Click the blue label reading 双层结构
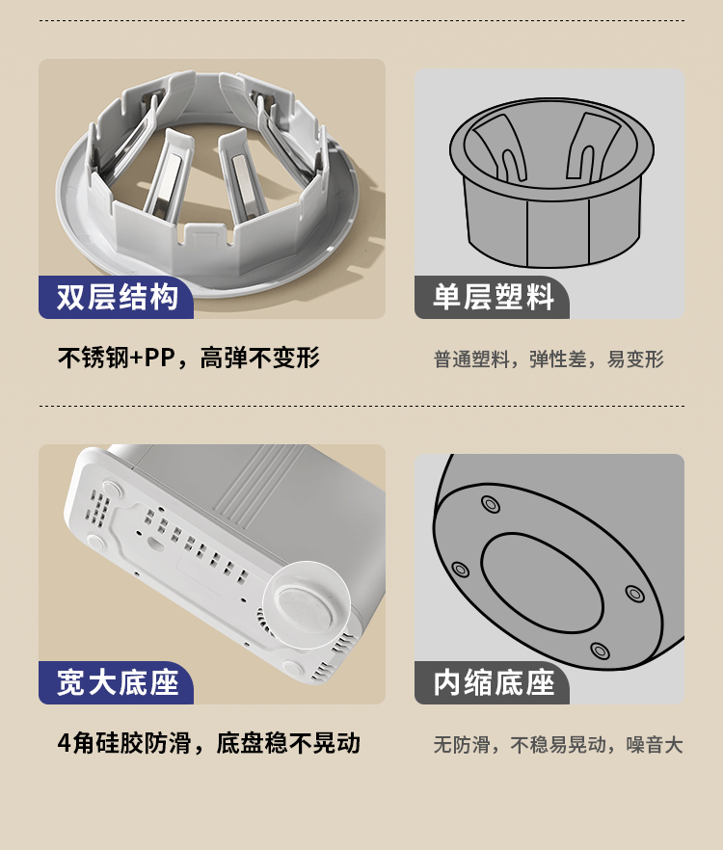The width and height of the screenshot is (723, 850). click(x=116, y=297)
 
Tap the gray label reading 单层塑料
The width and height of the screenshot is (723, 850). click(x=492, y=297)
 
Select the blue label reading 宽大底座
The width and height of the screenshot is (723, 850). click(x=116, y=682)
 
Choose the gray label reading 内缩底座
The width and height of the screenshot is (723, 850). click(x=492, y=682)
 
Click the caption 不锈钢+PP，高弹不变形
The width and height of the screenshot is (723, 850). click(x=189, y=358)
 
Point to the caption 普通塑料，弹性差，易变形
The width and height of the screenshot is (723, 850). click(x=549, y=359)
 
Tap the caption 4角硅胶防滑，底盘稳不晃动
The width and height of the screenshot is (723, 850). click(x=209, y=743)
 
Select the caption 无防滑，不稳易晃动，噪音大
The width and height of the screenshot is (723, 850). click(x=557, y=744)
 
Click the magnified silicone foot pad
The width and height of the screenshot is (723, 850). click(x=307, y=604)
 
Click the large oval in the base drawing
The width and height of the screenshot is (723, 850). click(x=543, y=583)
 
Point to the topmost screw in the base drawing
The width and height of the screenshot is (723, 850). click(x=491, y=504)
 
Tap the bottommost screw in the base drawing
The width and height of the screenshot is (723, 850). click(x=600, y=650)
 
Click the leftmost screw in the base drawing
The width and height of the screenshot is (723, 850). click(x=461, y=570)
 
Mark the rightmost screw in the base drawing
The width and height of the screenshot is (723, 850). click(x=634, y=594)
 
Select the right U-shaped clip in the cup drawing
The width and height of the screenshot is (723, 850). click(x=592, y=146)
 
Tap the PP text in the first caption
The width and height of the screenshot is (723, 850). click(x=159, y=358)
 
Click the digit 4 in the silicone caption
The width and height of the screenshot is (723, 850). click(x=64, y=744)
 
